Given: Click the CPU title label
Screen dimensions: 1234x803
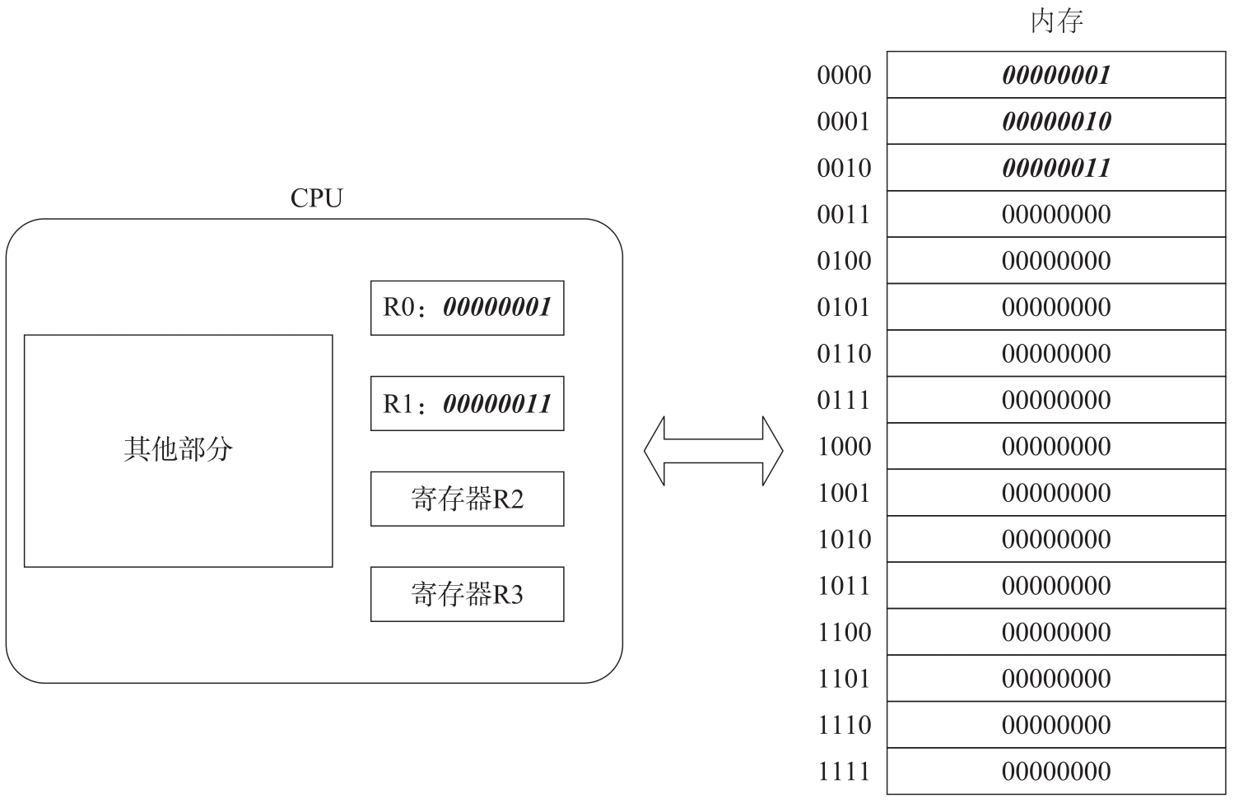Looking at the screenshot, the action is (316, 198).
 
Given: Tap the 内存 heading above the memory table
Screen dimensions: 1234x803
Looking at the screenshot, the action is (1057, 21).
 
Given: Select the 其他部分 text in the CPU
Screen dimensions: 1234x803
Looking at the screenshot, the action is (178, 449).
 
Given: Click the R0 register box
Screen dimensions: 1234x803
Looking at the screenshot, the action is (467, 308).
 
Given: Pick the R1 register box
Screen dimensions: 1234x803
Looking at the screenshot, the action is (467, 403).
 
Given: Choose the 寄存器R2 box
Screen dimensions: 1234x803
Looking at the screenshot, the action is (467, 499).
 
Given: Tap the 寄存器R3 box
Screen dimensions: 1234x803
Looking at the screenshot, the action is (467, 594).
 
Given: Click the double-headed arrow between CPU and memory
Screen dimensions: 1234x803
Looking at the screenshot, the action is (714, 451).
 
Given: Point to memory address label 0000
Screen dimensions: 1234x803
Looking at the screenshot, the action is (844, 75).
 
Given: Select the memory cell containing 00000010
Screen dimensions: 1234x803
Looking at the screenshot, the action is (1056, 121).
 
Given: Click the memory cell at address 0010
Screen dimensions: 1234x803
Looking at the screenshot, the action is (1056, 168).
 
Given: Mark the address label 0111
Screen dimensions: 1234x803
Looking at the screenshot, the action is (844, 400).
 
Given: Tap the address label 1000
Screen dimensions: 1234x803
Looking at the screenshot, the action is (844, 446).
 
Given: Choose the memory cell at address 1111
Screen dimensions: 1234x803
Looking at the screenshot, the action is (1056, 771).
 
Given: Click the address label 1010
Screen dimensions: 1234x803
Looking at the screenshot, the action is (844, 539).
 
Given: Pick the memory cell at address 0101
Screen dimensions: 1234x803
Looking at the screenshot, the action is (1056, 307).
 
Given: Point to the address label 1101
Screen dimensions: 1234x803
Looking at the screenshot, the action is (844, 679).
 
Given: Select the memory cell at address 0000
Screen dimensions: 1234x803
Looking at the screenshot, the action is (1056, 75).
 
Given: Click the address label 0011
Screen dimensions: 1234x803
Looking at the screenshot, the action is (844, 214).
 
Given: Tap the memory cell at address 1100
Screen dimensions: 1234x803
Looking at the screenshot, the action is (1056, 632).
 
